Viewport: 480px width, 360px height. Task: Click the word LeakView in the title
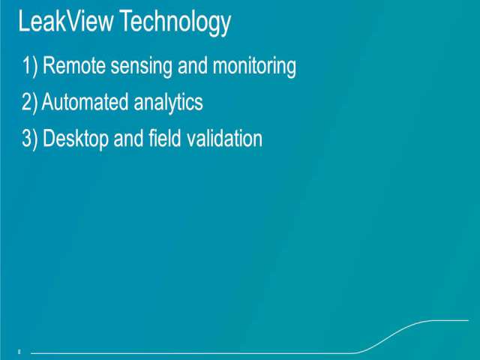(x=65, y=21)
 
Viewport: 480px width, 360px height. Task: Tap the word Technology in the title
(x=175, y=23)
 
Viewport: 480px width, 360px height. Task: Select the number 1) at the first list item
(x=30, y=66)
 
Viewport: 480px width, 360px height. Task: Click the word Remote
(x=73, y=65)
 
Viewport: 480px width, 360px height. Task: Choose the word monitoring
(x=254, y=67)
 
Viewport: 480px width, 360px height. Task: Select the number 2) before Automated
(x=29, y=102)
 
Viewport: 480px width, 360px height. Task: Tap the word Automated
(x=85, y=102)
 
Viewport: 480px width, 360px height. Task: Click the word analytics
(x=168, y=103)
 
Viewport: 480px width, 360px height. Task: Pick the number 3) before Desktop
(x=30, y=139)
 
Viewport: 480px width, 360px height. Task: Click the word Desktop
(x=75, y=139)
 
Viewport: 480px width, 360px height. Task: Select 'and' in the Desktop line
(x=128, y=138)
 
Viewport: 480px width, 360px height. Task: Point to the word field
(x=165, y=138)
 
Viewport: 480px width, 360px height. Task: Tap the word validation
(x=224, y=138)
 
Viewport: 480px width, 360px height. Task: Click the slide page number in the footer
(x=19, y=352)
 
